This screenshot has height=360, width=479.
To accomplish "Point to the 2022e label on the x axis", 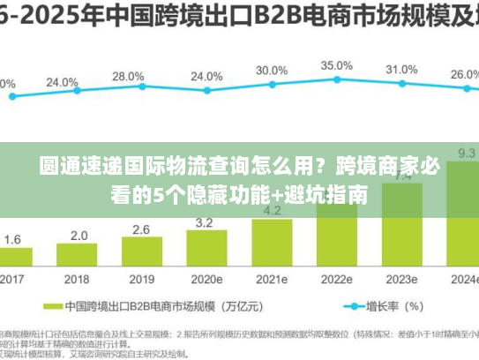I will pos(336,279).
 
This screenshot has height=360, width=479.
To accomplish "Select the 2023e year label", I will pos(401,279).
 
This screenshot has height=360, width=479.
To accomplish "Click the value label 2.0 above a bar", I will pos(79,236).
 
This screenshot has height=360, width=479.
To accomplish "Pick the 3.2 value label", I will pos(203,222).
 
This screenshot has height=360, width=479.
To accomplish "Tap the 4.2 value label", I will pos(272,211).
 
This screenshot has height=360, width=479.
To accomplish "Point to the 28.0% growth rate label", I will pos(129,77).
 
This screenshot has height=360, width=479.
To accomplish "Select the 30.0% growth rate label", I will pos(272,71).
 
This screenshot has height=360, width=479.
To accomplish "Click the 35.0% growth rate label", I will pos(336,65).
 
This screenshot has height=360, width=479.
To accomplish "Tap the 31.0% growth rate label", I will pos(401,70).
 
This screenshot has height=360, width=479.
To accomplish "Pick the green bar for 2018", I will pos(79,258).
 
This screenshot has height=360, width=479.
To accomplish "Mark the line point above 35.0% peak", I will pos(336,79).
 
